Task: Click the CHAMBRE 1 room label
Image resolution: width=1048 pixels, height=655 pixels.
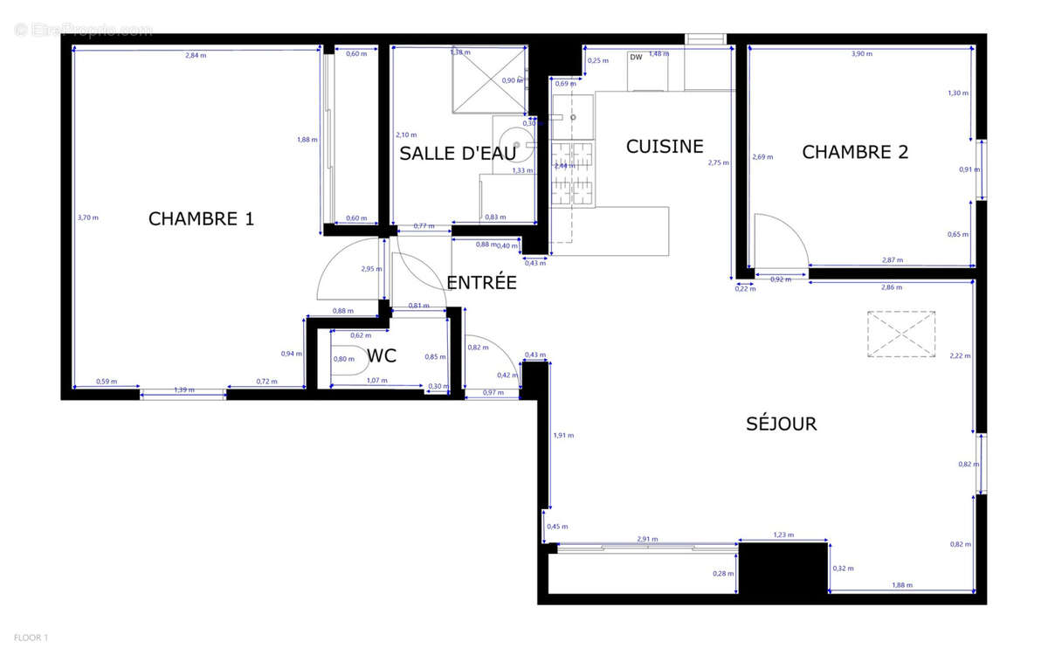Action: (201, 218)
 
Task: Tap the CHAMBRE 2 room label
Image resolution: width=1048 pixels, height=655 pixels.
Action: (855, 152)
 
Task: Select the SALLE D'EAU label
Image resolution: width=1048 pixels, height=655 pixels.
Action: (458, 154)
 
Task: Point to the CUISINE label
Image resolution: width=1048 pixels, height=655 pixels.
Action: (665, 147)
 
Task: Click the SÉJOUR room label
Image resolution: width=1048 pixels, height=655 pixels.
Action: (781, 424)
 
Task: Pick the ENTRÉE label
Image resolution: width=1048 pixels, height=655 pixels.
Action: (481, 283)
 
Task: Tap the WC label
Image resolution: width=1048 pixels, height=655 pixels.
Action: (382, 355)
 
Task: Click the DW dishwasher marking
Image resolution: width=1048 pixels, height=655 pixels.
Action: (636, 58)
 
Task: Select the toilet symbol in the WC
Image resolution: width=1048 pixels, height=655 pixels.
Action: (348, 359)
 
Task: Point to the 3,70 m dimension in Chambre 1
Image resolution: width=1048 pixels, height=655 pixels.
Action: (88, 217)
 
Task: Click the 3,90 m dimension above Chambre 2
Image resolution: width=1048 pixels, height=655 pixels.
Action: (862, 54)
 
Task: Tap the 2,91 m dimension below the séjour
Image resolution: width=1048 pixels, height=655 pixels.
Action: (647, 540)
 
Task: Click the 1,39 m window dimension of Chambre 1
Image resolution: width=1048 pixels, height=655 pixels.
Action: (183, 390)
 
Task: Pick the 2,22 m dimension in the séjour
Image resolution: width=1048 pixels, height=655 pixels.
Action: (960, 355)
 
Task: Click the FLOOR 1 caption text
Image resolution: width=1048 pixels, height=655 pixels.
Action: (30, 638)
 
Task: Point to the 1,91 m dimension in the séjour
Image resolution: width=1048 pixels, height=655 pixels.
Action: (564, 435)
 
